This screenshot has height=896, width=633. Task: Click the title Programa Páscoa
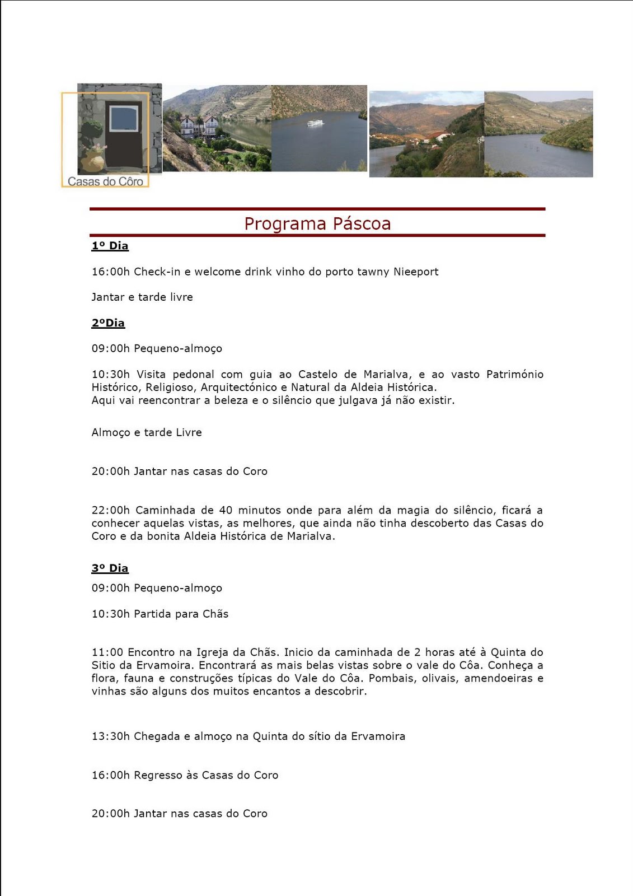point(317,223)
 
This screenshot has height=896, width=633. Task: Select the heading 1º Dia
point(110,246)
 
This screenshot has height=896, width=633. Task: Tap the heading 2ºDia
point(108,323)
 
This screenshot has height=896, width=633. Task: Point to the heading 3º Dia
point(110,568)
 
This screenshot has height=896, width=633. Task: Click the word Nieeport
point(416,272)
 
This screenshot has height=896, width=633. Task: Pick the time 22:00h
point(110,510)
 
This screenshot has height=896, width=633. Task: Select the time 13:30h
point(110,736)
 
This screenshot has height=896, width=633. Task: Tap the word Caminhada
point(165,510)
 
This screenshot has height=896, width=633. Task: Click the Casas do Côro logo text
point(105,181)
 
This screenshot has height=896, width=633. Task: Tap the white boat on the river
point(315,123)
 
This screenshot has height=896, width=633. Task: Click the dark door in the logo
point(123,135)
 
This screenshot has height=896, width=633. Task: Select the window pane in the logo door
point(124,119)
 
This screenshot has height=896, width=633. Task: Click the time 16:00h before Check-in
point(110,272)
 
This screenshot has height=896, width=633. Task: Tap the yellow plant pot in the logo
point(93,162)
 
